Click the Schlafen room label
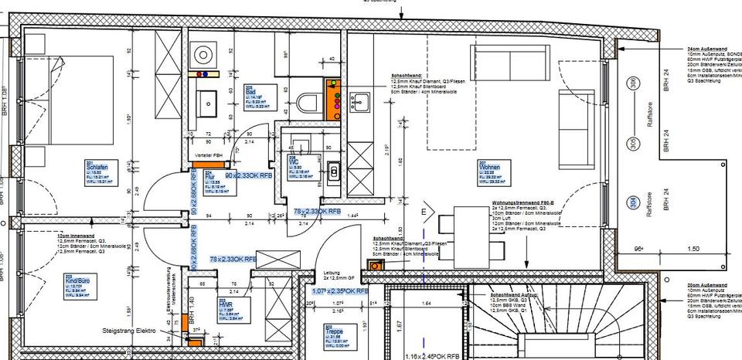pyautogui.click(x=97, y=167)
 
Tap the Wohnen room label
pyautogui.click(x=490, y=167)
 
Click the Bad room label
pyautogui.click(x=250, y=90)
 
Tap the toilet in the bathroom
pyautogui.click(x=310, y=101)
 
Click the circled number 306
pyautogui.click(x=633, y=83)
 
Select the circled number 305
pyautogui.click(x=632, y=143)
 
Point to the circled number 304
pyautogui.click(x=633, y=202)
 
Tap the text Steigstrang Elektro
pyautogui.click(x=129, y=331)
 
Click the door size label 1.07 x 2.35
pyautogui.click(x=340, y=291)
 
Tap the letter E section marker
pyautogui.click(x=424, y=210)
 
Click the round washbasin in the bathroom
pyautogui.click(x=205, y=54)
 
